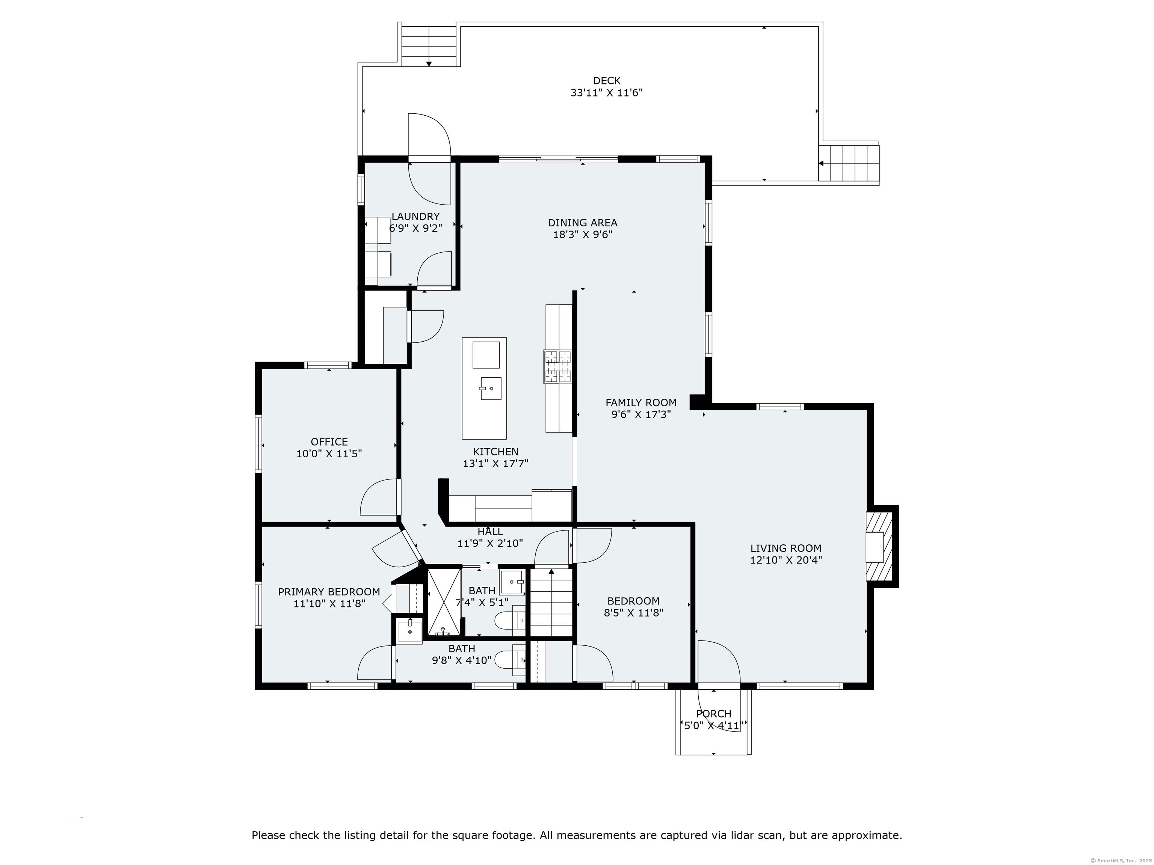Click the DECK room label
point(606,81)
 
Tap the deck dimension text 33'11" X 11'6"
point(606,93)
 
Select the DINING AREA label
point(582,223)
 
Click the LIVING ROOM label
point(786,548)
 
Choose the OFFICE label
point(329,442)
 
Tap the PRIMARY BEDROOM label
point(329,592)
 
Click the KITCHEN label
point(495,452)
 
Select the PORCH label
point(714,713)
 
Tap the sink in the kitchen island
point(491,389)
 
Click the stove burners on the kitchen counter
point(558,366)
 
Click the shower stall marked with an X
point(444,602)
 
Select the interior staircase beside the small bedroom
point(551,602)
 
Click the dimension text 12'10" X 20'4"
point(786,560)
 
